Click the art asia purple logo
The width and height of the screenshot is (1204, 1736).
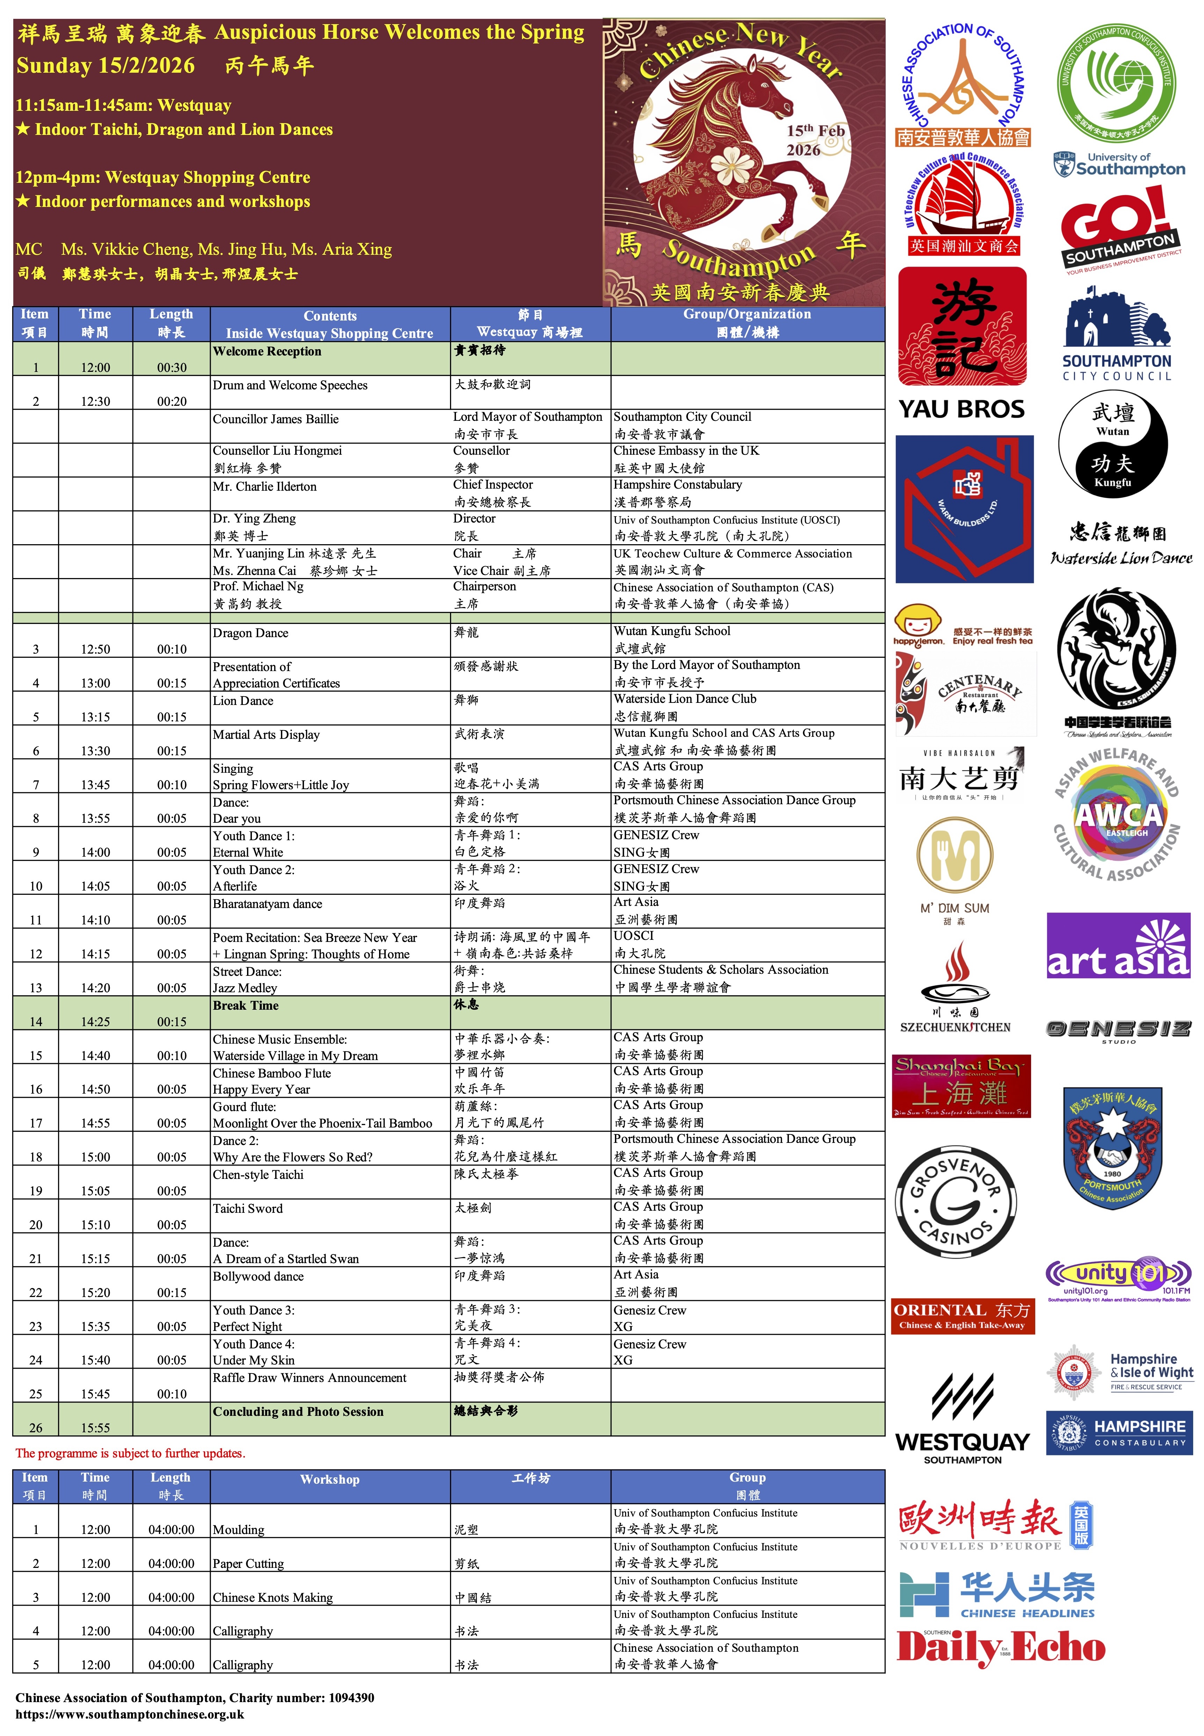1118,945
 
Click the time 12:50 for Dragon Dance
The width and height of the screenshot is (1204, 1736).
96,649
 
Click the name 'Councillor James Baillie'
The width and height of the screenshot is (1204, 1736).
275,419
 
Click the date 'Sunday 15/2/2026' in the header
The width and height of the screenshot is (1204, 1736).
106,66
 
